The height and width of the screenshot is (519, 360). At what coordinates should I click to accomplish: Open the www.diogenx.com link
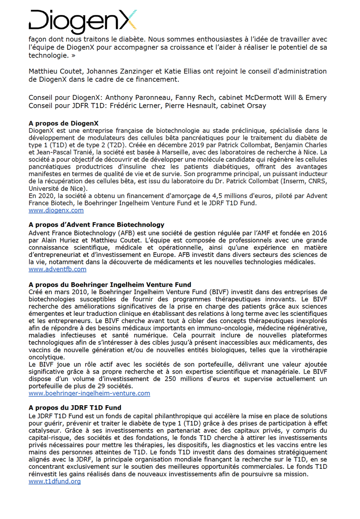tap(56, 210)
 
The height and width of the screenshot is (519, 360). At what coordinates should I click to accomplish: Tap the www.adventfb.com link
tap(57, 269)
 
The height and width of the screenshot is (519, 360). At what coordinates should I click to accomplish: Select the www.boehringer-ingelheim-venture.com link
tap(89, 393)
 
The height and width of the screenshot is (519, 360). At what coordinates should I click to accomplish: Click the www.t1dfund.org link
tap(55, 481)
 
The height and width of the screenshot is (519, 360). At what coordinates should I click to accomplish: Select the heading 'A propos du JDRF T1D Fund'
tap(74, 407)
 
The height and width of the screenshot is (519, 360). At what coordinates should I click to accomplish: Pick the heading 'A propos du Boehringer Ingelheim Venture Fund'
tap(109, 284)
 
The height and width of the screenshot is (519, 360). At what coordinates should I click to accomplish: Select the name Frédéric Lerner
tap(128, 106)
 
